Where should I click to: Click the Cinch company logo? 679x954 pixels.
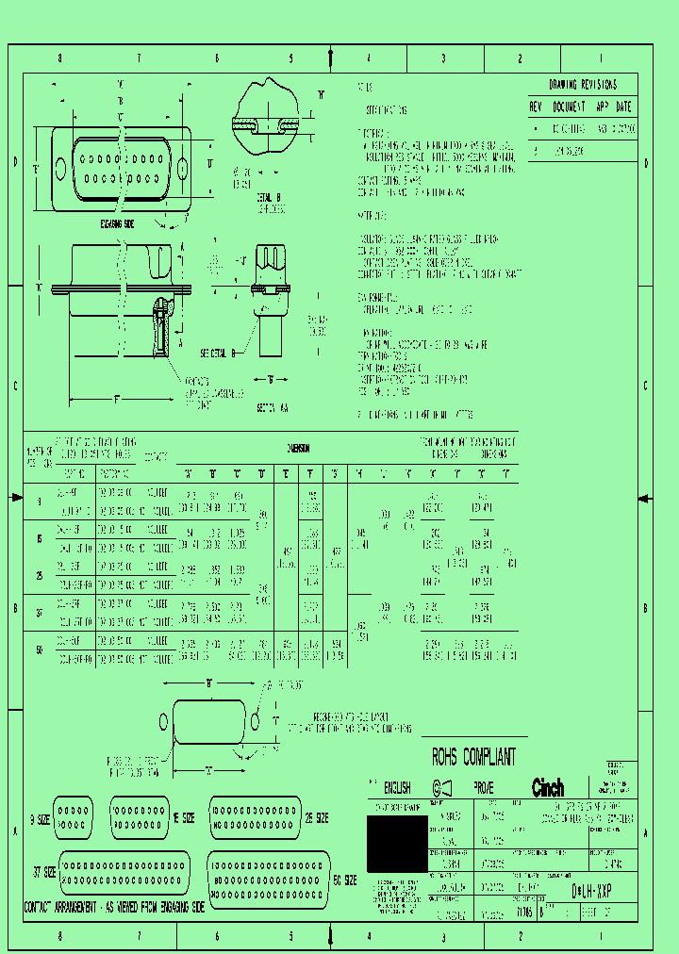click(x=548, y=788)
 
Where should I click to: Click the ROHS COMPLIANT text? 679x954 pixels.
click(x=473, y=756)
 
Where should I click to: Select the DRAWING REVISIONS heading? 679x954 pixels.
click(x=583, y=84)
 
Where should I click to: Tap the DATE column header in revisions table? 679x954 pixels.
click(x=623, y=107)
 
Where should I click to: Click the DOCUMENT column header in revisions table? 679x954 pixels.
click(x=570, y=107)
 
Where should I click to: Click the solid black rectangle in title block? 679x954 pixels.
click(x=396, y=844)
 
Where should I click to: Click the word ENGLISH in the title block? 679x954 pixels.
click(x=395, y=787)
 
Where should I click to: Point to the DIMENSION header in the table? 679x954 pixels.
click(x=298, y=450)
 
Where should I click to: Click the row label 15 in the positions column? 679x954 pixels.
click(x=39, y=539)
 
